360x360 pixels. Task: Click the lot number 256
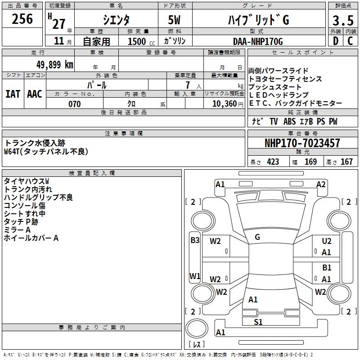point(22,19)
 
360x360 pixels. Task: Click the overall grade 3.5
point(343,20)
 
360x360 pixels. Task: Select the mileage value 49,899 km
point(54,65)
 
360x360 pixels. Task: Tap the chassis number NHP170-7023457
point(302,143)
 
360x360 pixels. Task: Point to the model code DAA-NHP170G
point(258,41)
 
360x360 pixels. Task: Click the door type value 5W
point(174,20)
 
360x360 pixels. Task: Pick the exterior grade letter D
point(336,41)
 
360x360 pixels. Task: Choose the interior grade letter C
point(350,41)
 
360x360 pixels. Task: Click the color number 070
point(75,104)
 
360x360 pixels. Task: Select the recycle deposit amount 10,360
point(224,104)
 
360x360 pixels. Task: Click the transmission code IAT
point(13,94)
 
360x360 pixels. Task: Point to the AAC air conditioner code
point(35,94)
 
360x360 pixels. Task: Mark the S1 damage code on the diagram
point(258,322)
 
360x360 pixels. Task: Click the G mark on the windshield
point(257,237)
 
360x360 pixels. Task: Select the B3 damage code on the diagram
point(195,240)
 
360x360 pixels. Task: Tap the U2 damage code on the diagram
point(327,241)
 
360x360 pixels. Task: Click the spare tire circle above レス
point(197,328)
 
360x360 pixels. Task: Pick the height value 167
point(346,162)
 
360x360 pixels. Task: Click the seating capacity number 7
point(188,85)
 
